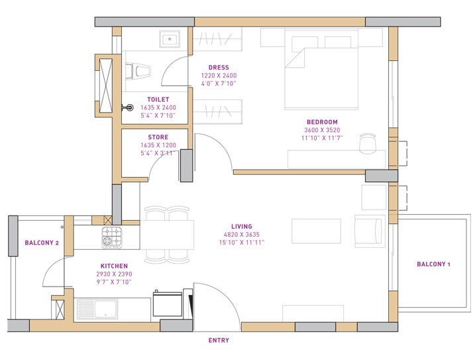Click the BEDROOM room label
322,122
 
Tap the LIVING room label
242,226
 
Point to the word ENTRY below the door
219,341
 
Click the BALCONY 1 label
433,265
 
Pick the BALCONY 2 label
42,243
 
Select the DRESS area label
219,68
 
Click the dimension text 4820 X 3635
242,234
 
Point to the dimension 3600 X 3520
322,130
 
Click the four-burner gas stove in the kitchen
111,235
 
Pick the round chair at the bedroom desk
368,142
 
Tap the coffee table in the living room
315,229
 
